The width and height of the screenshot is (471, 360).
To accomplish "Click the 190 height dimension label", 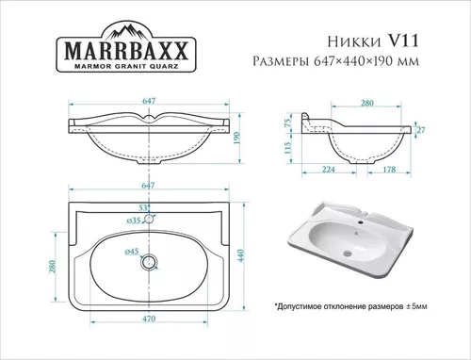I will coord(238,138).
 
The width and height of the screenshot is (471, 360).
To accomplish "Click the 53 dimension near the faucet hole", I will coord(143,206).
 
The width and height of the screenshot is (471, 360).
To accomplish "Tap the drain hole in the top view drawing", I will coord(148,264).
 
